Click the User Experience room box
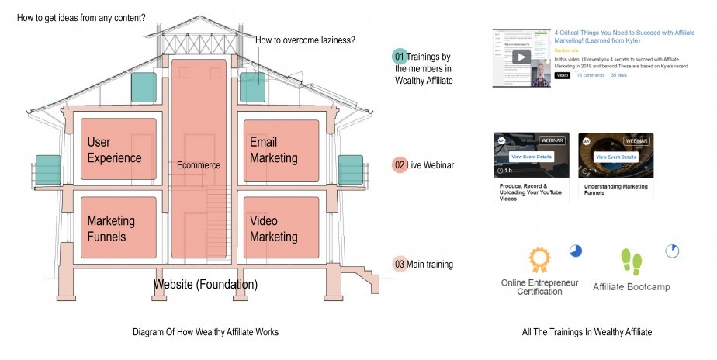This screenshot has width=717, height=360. [x=118, y=150]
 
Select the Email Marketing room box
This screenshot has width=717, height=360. [x=281, y=150]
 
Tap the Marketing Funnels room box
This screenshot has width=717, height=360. [x=118, y=228]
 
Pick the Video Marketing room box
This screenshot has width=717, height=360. [x=281, y=228]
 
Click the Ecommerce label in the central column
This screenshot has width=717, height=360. [x=199, y=165]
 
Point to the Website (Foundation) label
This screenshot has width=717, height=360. [x=206, y=285]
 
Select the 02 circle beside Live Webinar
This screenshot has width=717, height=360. [x=400, y=165]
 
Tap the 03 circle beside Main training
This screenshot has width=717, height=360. [x=400, y=265]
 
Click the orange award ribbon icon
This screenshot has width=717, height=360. [x=539, y=258]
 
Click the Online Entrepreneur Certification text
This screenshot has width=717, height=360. [x=540, y=286]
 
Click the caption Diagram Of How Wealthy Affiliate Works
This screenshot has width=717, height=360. [x=206, y=332]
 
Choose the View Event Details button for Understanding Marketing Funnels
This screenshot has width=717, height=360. [x=616, y=157]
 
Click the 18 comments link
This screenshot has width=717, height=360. [x=591, y=75]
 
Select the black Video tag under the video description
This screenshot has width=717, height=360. [x=563, y=75]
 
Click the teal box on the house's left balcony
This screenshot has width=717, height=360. [x=48, y=170]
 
